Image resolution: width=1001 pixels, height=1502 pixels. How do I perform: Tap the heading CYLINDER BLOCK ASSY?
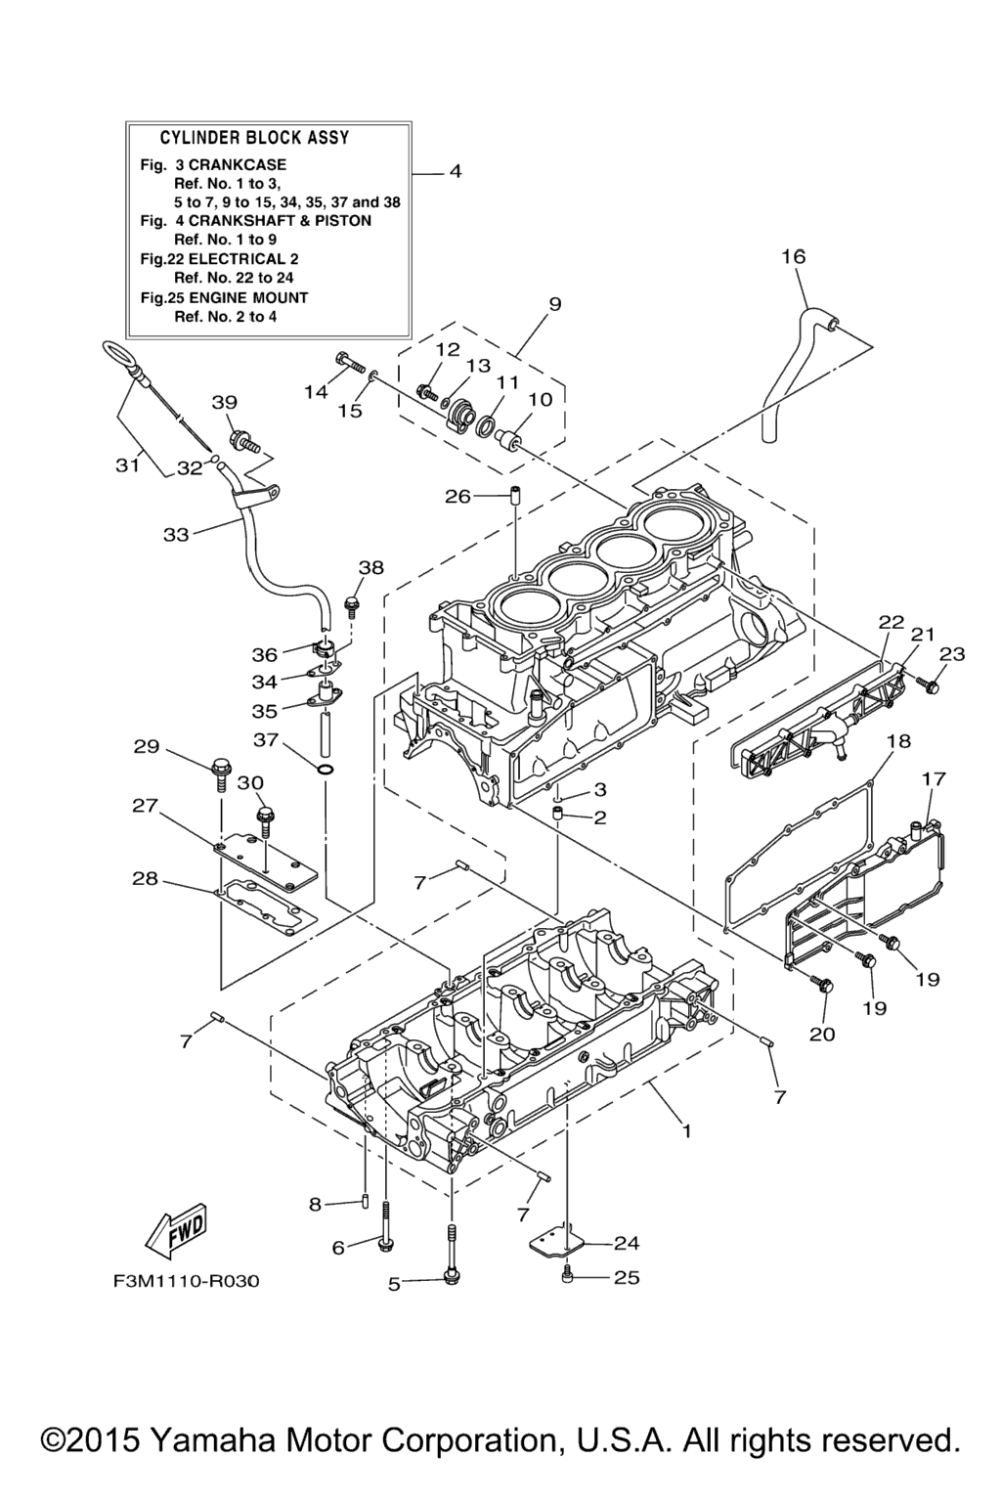click(254, 138)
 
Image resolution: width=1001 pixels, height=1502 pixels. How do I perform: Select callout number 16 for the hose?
click(793, 256)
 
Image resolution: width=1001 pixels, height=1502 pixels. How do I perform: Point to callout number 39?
click(224, 403)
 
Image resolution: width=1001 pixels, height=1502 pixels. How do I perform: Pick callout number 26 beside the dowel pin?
click(457, 497)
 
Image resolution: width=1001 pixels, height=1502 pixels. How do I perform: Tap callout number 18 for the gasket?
click(897, 741)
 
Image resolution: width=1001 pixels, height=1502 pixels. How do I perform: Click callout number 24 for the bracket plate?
click(626, 1244)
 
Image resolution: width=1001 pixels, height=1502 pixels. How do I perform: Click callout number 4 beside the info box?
click(455, 172)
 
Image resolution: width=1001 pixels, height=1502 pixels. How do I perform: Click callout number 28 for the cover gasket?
click(145, 879)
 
